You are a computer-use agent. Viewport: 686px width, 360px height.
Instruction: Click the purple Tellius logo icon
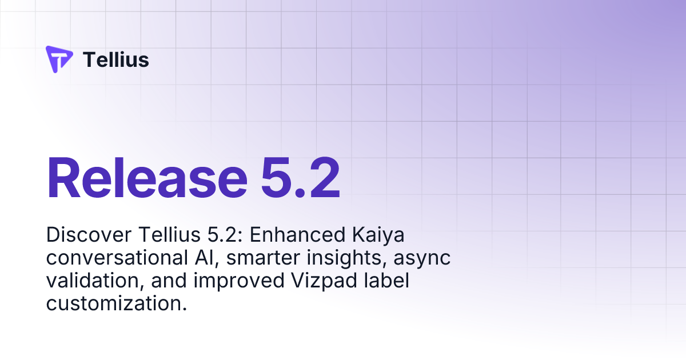[x=59, y=59]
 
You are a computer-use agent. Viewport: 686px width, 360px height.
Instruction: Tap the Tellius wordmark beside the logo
[x=116, y=59]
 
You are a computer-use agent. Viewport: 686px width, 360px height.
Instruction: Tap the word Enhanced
[x=284, y=235]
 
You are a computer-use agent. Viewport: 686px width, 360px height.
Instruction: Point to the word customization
[x=117, y=304]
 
